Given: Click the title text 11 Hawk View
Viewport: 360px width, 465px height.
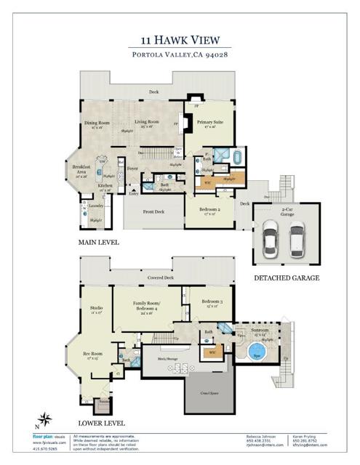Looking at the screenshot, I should coord(180,41).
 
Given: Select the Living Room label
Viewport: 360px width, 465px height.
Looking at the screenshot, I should coord(148,121).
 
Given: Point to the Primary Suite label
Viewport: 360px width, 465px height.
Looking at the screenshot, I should coord(209,122).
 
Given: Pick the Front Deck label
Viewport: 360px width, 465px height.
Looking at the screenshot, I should coord(153,211).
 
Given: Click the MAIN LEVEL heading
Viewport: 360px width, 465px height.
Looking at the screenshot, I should coord(98,242).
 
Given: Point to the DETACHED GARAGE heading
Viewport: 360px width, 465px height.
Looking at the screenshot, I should coord(286,278).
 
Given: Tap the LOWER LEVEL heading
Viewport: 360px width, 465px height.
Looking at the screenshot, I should coord(100,422).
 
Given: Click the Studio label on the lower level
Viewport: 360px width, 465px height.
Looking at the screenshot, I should coord(96,308).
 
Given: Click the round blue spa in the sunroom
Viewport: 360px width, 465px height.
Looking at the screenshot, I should coord(256,352).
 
